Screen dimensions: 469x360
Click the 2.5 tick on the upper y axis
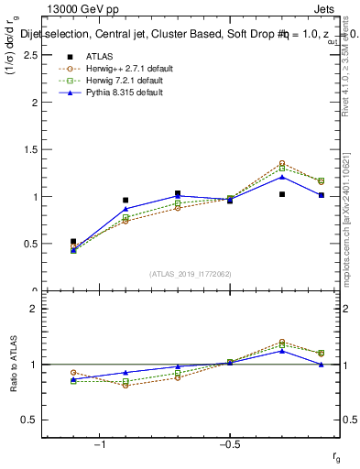pos(29,55)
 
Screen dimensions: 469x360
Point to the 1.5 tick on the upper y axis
pos(29,149)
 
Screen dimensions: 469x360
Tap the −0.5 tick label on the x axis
pos(229,445)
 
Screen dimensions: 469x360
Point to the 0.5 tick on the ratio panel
pos(29,420)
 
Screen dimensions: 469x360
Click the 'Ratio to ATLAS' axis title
pos(12,364)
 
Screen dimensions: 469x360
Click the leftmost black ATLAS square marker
pos(73,242)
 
